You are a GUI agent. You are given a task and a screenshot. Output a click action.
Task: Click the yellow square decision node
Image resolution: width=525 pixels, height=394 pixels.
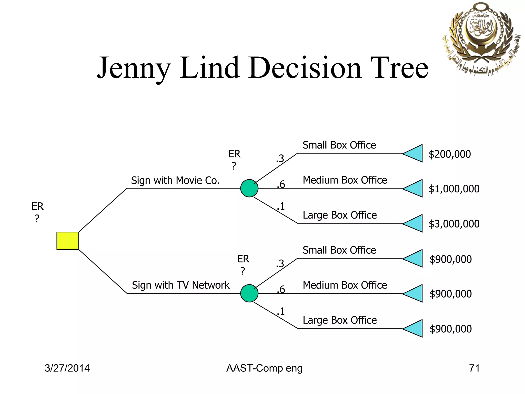(x=68, y=241)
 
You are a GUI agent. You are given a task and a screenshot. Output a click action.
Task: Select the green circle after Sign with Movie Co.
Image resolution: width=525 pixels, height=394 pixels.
(x=249, y=188)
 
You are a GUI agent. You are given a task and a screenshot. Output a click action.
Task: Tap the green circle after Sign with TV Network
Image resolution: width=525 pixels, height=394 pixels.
(x=249, y=293)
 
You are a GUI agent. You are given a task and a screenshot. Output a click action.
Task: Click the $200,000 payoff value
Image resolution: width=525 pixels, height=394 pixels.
(x=450, y=154)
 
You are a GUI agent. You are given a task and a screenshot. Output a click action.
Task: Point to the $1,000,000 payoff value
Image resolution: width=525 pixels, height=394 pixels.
(x=454, y=189)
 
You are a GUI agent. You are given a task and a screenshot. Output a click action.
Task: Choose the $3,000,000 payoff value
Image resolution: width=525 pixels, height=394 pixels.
(x=454, y=224)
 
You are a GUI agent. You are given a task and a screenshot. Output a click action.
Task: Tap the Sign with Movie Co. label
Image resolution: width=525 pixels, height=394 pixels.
(x=175, y=181)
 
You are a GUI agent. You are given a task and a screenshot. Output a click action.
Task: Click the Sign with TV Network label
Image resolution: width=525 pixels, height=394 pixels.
(x=181, y=285)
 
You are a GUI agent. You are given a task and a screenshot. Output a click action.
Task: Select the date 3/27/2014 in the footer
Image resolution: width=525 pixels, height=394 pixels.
(x=67, y=368)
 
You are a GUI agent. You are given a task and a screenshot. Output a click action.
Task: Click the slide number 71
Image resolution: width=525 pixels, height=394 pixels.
(x=474, y=368)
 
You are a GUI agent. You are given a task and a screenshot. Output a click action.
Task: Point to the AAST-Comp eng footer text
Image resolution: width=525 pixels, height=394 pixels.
(x=264, y=368)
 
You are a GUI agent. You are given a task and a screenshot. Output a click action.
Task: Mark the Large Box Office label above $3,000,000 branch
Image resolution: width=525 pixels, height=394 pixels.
(x=340, y=215)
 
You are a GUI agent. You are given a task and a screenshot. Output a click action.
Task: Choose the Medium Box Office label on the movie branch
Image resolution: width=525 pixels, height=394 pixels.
(x=345, y=180)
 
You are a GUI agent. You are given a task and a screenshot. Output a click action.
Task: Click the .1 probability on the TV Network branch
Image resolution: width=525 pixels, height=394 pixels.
(x=281, y=311)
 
